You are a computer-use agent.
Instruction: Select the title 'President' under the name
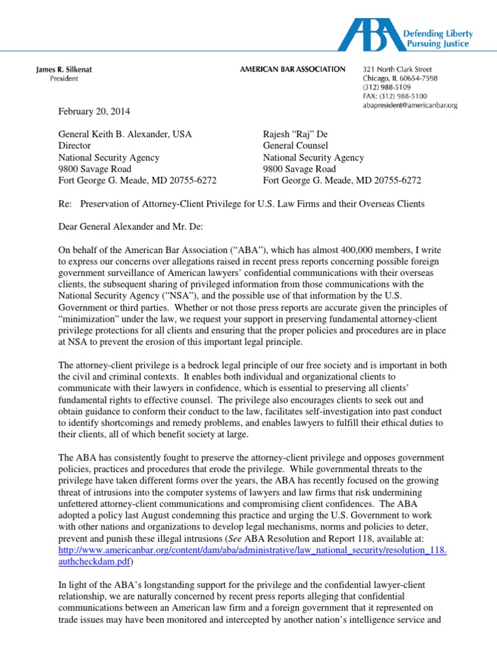(64, 79)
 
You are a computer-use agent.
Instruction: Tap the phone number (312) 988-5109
(387, 87)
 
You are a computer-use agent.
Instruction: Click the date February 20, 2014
(94, 111)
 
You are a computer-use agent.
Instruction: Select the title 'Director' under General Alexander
(75, 146)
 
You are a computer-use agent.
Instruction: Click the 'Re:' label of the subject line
(66, 203)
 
